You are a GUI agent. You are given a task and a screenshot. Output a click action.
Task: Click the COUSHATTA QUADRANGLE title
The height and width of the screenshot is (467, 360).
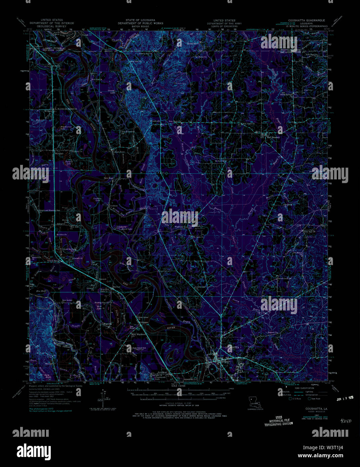tap(304, 20)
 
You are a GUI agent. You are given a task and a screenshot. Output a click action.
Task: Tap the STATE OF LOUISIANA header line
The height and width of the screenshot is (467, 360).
tap(140, 20)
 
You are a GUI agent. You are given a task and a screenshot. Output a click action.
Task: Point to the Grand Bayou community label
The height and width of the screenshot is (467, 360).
tap(54, 261)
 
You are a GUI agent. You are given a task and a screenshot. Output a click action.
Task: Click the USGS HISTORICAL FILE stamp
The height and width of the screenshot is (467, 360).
tap(278, 420)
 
